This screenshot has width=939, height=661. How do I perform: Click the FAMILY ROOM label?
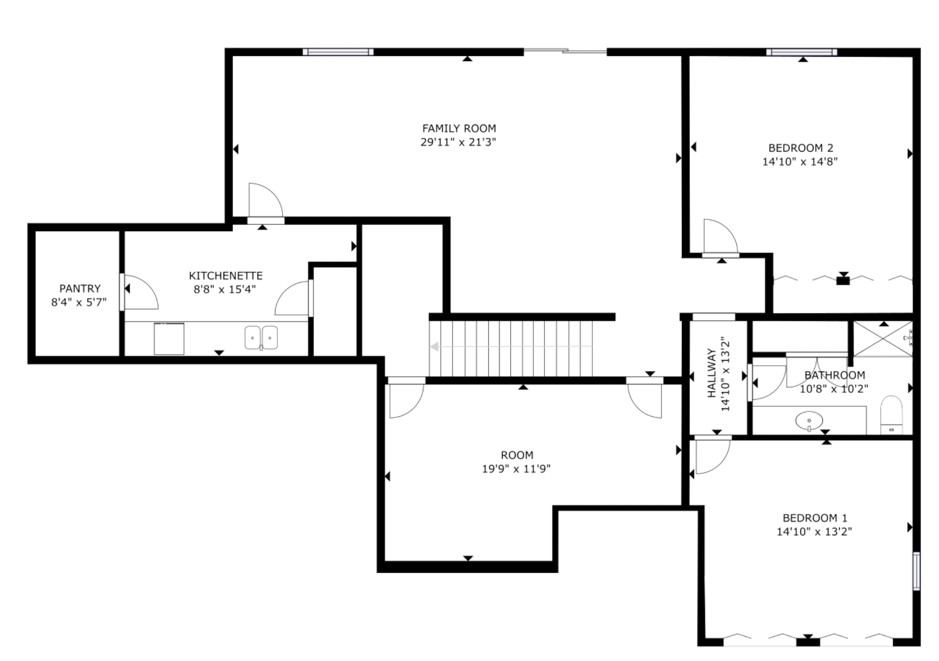coord(459,129)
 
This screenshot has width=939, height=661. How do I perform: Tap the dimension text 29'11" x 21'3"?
coord(458,142)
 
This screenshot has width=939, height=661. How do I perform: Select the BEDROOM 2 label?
coord(800,148)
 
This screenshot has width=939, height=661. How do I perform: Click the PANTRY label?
coord(80,289)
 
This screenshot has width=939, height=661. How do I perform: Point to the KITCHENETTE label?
coord(225,276)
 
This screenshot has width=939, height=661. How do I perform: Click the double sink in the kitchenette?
coord(261,338)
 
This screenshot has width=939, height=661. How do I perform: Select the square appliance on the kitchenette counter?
coord(169,339)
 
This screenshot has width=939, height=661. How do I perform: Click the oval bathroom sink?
coord(809,421)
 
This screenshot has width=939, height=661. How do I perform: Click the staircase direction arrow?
coord(435,346)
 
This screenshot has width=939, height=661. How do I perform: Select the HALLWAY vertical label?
coord(712,373)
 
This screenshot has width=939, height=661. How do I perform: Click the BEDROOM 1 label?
coord(815,518)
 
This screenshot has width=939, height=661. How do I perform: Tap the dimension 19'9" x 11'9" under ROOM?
coord(516,469)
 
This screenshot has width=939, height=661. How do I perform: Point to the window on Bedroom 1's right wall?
coord(916,571)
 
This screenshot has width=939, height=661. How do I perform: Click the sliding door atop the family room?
coord(565,51)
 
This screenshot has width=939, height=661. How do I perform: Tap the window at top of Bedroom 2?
coord(801,52)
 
